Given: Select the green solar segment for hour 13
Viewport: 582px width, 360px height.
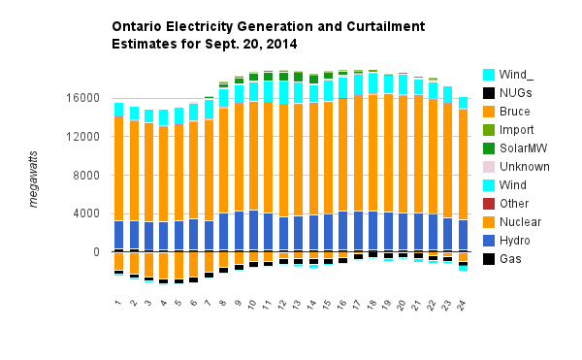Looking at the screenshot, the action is [x=298, y=77].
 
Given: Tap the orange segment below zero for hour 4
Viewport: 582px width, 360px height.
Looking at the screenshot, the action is [x=164, y=265].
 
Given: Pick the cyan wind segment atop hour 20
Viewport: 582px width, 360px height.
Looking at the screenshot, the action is [x=404, y=84].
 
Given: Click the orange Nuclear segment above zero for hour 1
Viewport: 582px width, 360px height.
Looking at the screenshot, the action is [x=118, y=169].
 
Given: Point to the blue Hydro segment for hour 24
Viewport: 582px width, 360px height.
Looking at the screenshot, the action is [x=463, y=235].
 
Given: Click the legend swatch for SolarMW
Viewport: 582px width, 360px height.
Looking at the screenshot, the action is [x=489, y=148].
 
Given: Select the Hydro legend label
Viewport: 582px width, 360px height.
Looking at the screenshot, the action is [x=514, y=241].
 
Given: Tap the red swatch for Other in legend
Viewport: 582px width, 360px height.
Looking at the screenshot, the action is [x=489, y=204].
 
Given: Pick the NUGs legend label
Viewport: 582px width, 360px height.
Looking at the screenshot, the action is [x=516, y=93].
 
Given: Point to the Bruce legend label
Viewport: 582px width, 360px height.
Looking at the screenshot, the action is [x=514, y=112].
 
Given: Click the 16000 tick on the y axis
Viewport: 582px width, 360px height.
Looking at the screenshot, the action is [x=83, y=98].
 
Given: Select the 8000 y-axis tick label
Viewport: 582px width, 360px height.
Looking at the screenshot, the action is [x=86, y=176].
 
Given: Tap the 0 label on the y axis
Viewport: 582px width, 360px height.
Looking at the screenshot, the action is [x=96, y=252].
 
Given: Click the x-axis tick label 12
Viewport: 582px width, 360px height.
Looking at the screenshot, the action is [x=282, y=305].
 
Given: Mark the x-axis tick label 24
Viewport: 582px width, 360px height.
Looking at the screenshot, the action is [x=461, y=305].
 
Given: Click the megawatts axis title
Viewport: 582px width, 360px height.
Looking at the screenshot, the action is [x=33, y=180].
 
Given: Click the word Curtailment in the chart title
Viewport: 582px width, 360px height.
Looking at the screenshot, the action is [x=386, y=26].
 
